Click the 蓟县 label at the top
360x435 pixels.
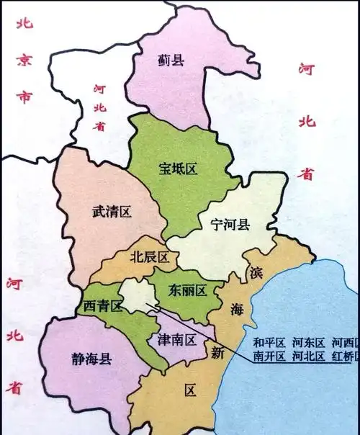pos(171,60)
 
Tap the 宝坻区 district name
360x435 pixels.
pos(178,169)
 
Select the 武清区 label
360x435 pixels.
pos(112,211)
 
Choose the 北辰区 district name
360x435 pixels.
pos(149,257)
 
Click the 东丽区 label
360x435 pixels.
pos(188,291)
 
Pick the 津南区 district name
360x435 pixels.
pos(176,339)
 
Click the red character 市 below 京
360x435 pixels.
pos(25,97)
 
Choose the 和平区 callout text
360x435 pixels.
pos(269,341)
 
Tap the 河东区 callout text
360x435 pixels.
pos(307,341)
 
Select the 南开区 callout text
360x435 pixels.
pos(269,356)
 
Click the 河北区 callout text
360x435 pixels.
pos(307,356)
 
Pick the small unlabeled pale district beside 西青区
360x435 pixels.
pos(135,294)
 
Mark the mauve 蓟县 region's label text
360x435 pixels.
pos(171,60)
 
